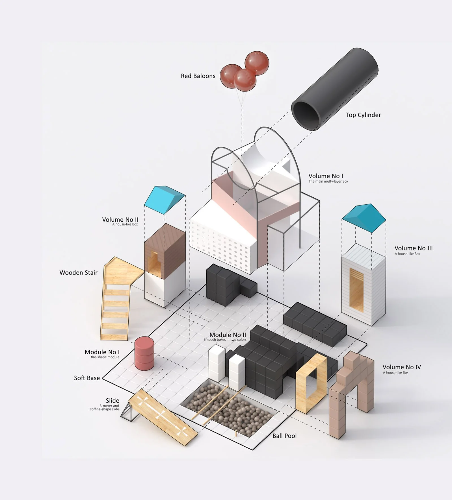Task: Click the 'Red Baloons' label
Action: [198, 76]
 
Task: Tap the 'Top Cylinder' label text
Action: [363, 115]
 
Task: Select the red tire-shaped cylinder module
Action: [144, 353]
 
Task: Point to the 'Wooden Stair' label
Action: [78, 273]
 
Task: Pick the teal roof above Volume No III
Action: [364, 217]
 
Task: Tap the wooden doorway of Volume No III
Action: [356, 289]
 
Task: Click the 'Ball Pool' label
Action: [284, 436]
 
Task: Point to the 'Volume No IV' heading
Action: [401, 367]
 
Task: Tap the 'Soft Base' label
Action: [87, 378]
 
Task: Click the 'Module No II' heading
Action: [228, 335]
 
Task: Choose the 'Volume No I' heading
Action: [326, 176]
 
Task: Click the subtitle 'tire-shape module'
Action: [105, 357]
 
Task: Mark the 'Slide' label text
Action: [112, 401]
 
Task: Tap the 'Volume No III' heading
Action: [413, 248]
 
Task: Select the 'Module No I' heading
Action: [102, 352]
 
